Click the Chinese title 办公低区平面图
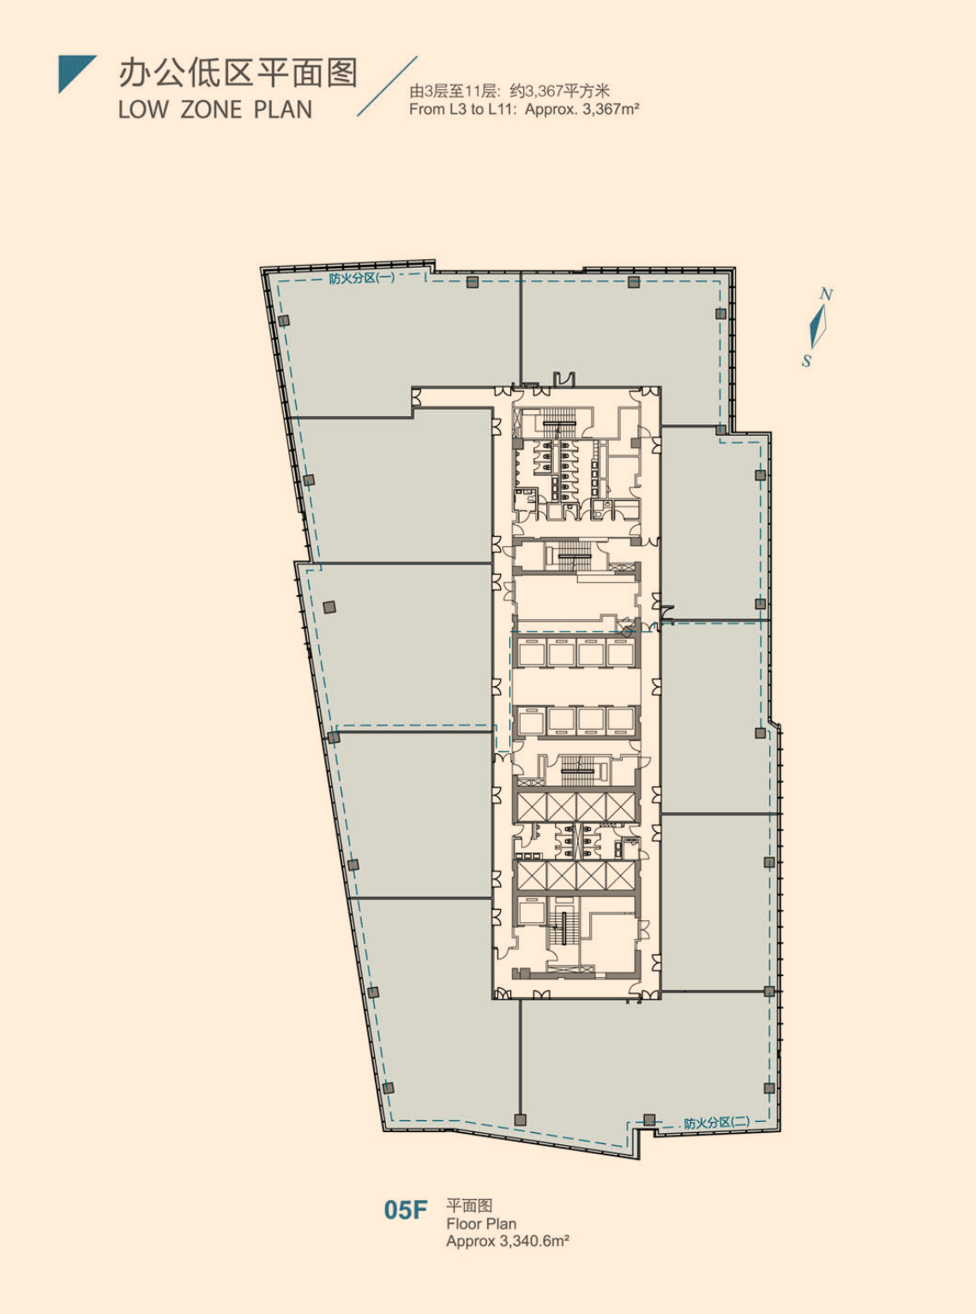(238, 73)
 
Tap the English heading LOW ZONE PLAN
(215, 110)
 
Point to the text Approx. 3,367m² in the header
(582, 110)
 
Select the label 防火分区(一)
(361, 278)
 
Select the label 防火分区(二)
(717, 1123)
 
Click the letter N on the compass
(827, 294)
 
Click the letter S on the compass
(806, 361)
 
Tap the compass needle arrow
(818, 327)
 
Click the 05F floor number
(405, 1210)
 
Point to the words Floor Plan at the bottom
(481, 1224)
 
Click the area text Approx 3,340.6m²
(508, 1241)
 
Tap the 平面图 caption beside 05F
(469, 1206)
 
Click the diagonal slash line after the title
(387, 86)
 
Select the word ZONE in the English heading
(211, 110)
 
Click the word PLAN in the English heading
(283, 110)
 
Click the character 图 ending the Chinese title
(341, 73)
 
